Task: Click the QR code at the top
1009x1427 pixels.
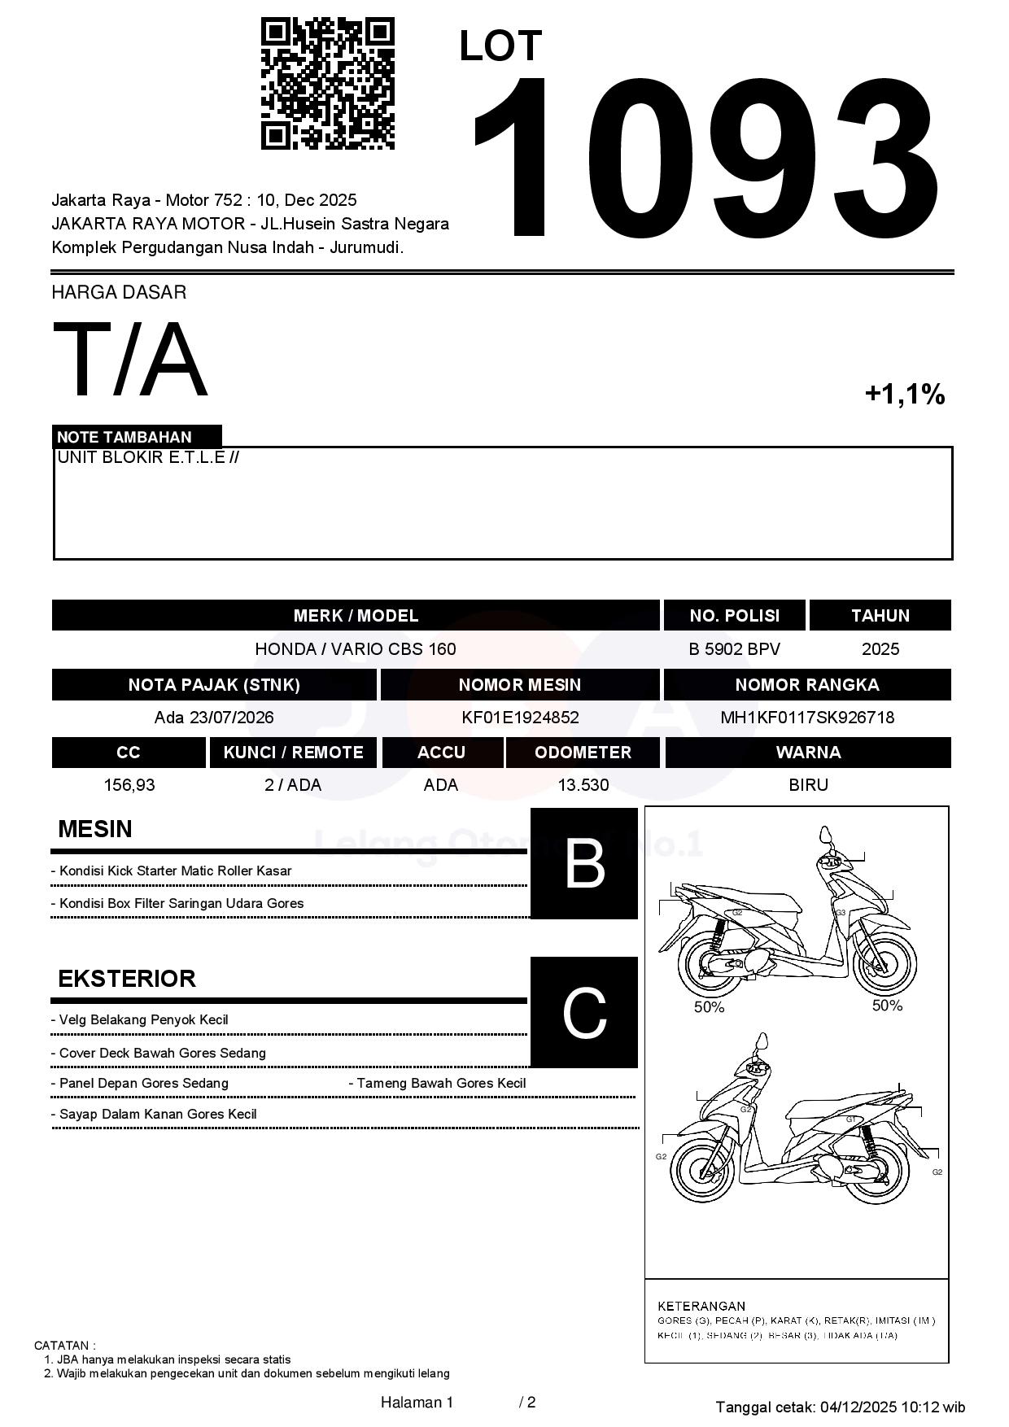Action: pos(327,84)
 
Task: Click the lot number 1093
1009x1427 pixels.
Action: pos(705,159)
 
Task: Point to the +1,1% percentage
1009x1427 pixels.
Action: pos(904,395)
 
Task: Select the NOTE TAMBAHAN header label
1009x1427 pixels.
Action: pos(124,437)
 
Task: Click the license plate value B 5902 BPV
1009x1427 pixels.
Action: pos(734,649)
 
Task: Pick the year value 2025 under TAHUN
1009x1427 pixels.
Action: pos(880,649)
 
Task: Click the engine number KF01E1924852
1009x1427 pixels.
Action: pos(520,718)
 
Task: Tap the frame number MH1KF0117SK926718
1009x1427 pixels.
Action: pos(807,718)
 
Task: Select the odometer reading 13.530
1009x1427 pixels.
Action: pos(583,785)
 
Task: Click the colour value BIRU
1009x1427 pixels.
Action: pos(808,785)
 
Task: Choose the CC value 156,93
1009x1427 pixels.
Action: pos(129,785)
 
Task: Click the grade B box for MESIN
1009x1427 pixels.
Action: pos(584,863)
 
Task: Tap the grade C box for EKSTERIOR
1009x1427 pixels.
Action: pos(584,1012)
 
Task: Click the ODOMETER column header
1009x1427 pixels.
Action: pos(583,753)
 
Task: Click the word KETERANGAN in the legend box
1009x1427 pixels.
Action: pos(701,1306)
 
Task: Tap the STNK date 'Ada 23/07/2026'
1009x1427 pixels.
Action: pos(214,718)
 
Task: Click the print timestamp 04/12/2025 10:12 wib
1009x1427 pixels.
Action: pos(893,1407)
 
